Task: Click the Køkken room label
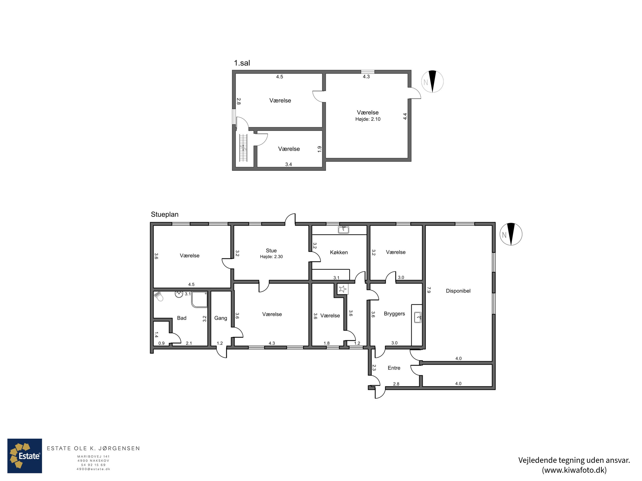click(x=339, y=252)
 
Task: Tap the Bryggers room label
click(x=394, y=314)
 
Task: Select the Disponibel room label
click(x=458, y=291)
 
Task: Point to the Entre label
click(x=394, y=368)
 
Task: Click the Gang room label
click(x=221, y=318)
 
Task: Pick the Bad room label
click(x=182, y=318)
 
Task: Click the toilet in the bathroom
click(x=159, y=296)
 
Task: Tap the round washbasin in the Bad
click(x=179, y=294)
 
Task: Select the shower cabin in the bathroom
click(x=199, y=300)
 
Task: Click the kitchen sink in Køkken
click(x=343, y=230)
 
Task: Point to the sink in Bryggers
click(x=418, y=317)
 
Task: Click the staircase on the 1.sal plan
click(x=243, y=148)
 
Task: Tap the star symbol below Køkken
click(x=342, y=289)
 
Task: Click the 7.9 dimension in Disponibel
click(x=429, y=290)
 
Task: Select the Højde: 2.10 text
click(x=368, y=119)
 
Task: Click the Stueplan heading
click(x=165, y=214)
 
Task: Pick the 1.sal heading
click(x=242, y=63)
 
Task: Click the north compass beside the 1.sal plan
click(x=432, y=81)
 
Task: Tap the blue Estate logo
click(x=25, y=456)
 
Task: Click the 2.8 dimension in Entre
click(x=396, y=384)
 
